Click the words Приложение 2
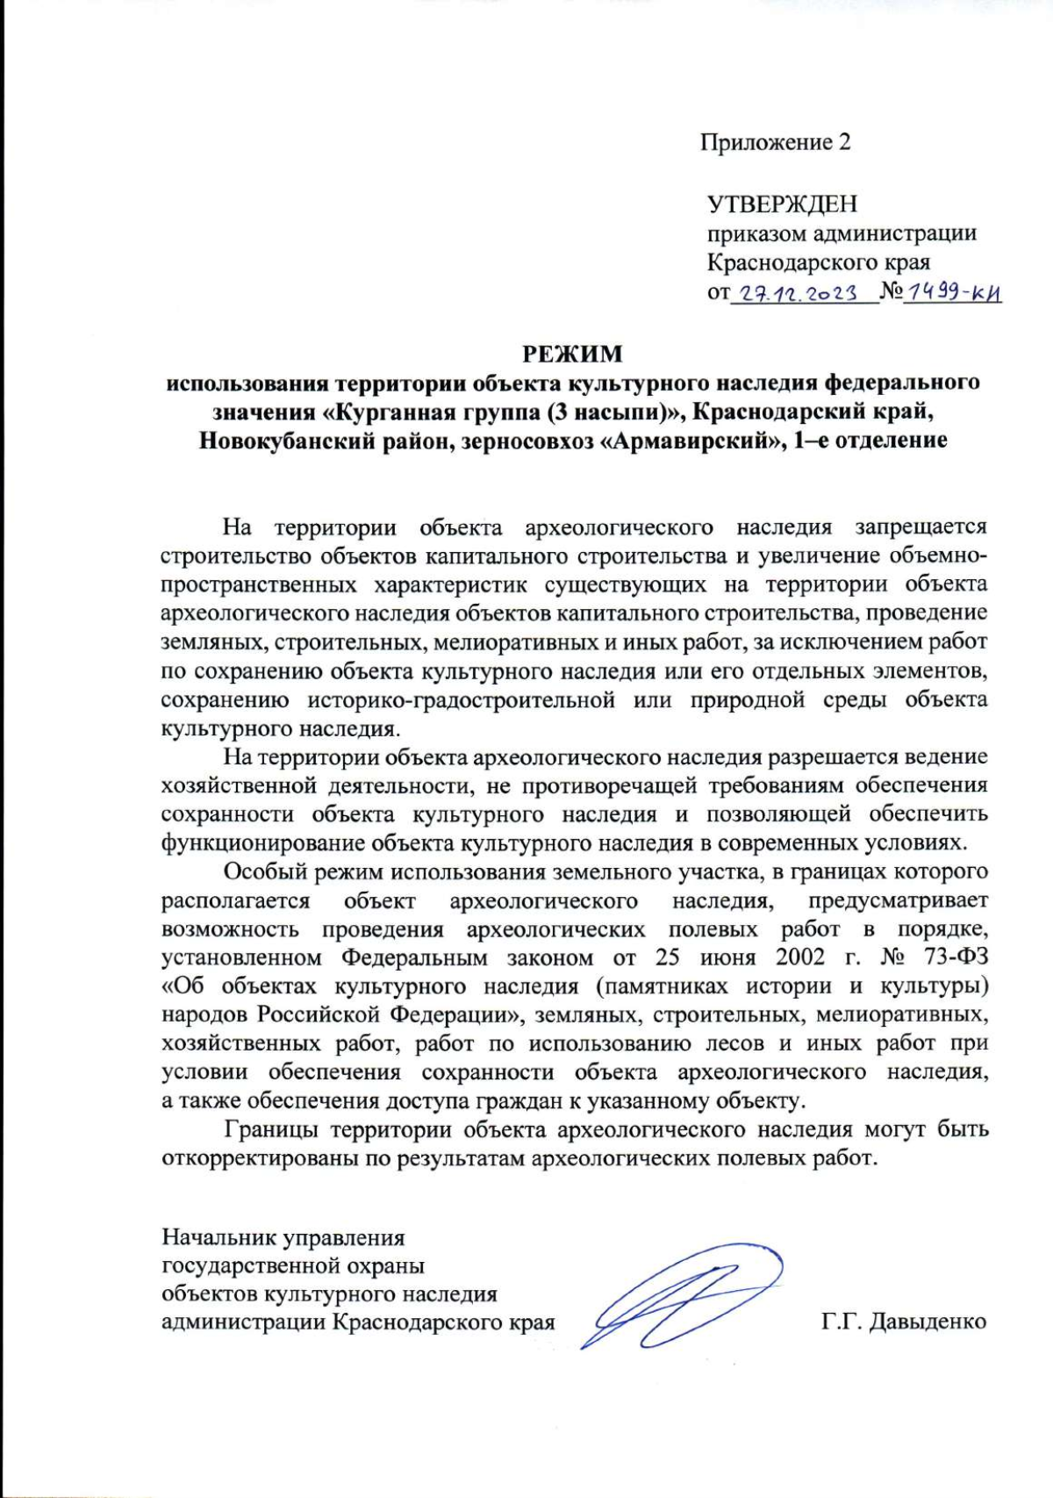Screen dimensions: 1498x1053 tap(775, 142)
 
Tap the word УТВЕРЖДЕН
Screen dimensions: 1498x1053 tap(782, 204)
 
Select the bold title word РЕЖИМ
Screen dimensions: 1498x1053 tap(573, 354)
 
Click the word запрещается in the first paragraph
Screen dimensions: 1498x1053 tap(920, 527)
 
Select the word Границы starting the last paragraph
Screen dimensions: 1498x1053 tap(269, 1129)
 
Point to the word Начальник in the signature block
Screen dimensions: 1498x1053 tap(219, 1238)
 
